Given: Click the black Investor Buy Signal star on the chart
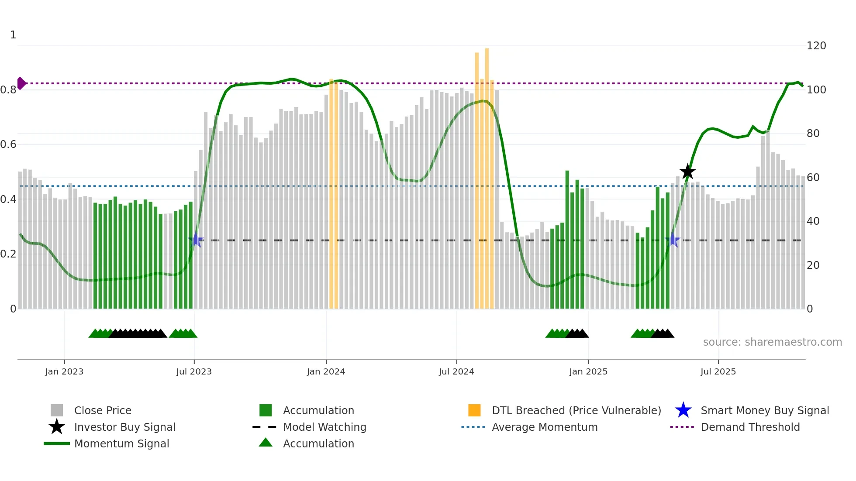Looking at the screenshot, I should click(x=687, y=172).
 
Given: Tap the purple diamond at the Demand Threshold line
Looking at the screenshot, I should click(x=21, y=83).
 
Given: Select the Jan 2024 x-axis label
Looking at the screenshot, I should click(x=326, y=371).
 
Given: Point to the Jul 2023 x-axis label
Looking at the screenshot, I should click(x=194, y=371).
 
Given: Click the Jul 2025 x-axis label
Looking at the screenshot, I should click(x=718, y=371).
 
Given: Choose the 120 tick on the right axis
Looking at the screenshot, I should click(x=816, y=46).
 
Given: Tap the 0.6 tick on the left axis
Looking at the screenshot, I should click(x=8, y=144).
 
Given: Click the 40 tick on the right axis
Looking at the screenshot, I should click(x=813, y=221).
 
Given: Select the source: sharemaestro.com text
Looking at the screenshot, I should click(x=772, y=342).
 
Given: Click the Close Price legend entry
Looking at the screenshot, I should click(x=103, y=410).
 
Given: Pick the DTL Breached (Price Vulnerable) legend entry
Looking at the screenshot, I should click(x=576, y=410).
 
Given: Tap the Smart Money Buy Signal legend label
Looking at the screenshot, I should click(x=765, y=410).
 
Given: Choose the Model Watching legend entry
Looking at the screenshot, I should click(x=324, y=427).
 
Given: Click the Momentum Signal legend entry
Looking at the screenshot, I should click(x=121, y=443).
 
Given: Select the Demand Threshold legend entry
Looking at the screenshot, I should click(x=750, y=427).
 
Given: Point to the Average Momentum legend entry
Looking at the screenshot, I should click(x=545, y=427).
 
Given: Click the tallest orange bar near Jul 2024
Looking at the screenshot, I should click(x=487, y=175).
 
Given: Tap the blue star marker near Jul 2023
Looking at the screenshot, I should click(x=196, y=240).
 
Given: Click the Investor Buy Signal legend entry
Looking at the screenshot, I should click(x=124, y=427).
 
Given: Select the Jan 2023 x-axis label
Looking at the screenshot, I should click(x=64, y=371).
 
